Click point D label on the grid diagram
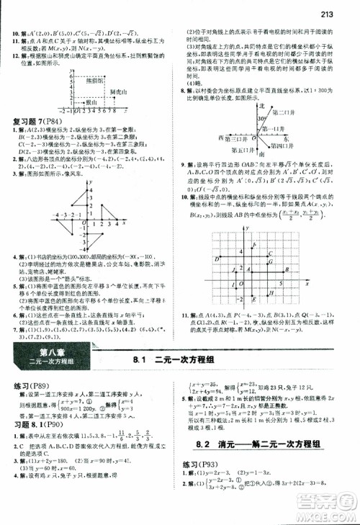[217, 258]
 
